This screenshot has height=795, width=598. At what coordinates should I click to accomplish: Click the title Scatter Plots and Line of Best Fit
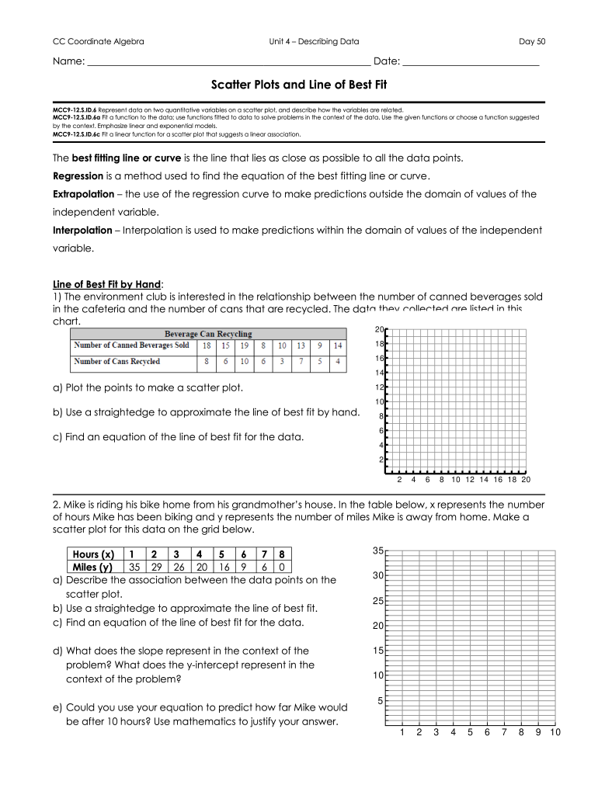click(298, 84)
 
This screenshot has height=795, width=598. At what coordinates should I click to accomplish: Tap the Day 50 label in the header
click(532, 41)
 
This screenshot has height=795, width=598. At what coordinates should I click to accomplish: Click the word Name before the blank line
click(68, 61)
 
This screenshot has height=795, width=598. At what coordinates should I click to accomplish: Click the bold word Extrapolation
click(88, 194)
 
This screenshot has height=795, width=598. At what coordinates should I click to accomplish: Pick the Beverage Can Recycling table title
click(208, 334)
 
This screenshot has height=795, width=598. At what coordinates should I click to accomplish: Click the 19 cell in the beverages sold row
click(245, 345)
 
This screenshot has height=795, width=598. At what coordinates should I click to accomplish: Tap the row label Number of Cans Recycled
click(116, 362)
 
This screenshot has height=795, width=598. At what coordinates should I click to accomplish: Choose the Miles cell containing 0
click(283, 568)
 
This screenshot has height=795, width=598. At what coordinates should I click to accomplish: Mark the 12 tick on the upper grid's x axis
click(469, 480)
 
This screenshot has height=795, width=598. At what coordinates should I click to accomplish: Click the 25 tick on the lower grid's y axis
click(377, 601)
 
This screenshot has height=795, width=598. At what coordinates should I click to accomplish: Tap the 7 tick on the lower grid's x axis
click(504, 732)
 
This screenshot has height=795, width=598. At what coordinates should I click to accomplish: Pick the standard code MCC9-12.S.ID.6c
click(75, 134)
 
